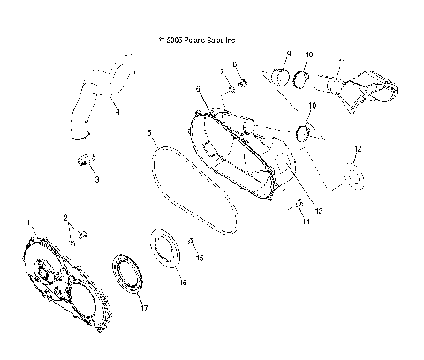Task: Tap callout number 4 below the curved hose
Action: click(117, 112)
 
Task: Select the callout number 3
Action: click(97, 179)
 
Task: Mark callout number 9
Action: click(288, 55)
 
